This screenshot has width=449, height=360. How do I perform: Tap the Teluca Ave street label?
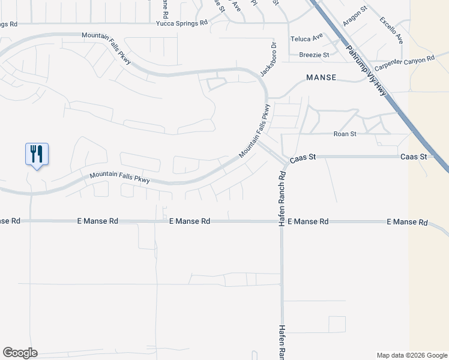[x=307, y=39]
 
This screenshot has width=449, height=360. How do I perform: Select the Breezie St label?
[x=315, y=55]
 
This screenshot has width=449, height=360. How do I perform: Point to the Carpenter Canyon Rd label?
[x=404, y=61]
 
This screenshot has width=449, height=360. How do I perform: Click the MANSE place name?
[x=321, y=78]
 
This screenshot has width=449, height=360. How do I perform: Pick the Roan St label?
[x=345, y=134]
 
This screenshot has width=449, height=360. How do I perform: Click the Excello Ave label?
[x=391, y=29]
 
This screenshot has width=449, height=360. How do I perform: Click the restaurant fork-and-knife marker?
[x=37, y=154]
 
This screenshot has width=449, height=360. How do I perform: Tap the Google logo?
[x=20, y=353]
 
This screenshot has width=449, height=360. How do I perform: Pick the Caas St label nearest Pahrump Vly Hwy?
[x=413, y=157]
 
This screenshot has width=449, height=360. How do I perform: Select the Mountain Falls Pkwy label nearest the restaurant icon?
[x=119, y=178]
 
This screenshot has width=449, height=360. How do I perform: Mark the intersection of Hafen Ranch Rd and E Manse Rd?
[x=280, y=221]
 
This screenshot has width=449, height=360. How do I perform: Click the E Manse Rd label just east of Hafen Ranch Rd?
[x=308, y=221]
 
